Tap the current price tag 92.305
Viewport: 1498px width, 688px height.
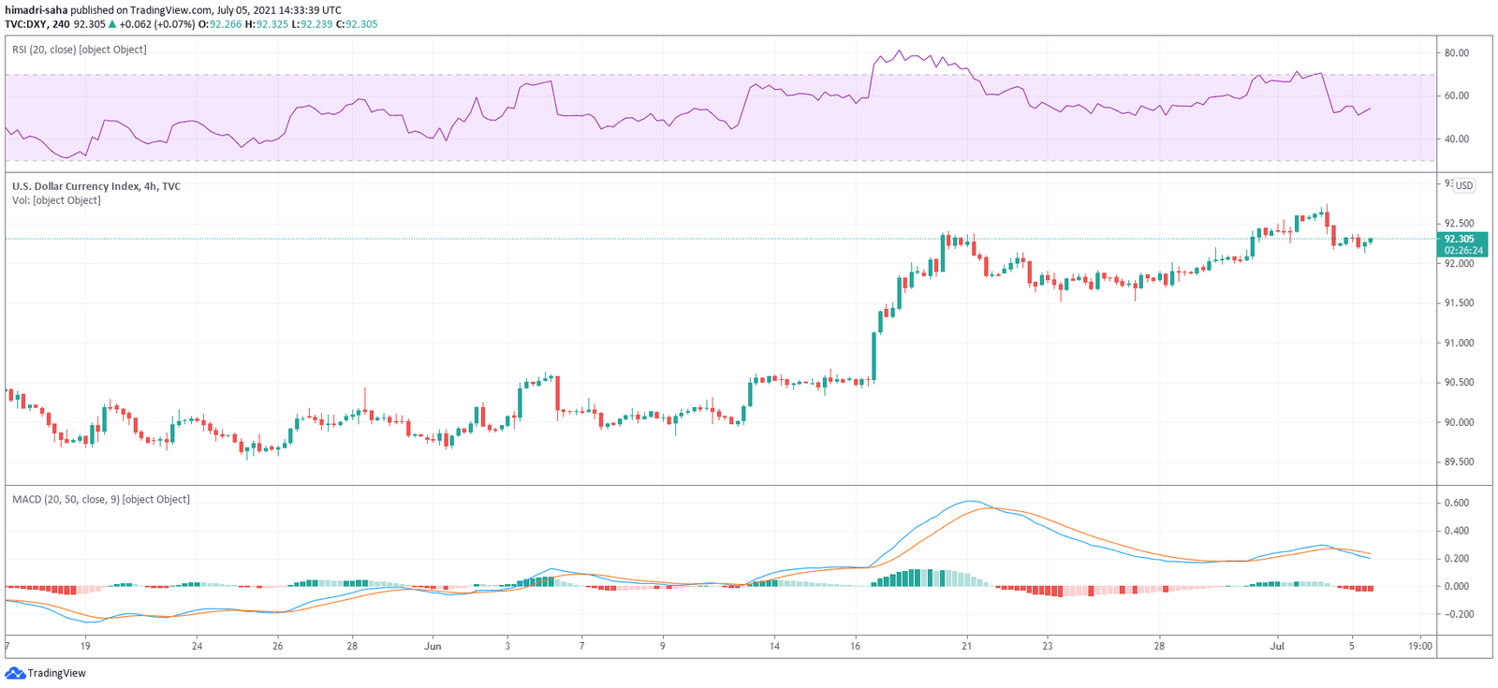point(1463,240)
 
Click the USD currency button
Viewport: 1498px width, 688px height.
point(1463,185)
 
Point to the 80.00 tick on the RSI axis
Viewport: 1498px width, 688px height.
point(1456,53)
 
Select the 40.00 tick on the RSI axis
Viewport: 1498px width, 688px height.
point(1456,139)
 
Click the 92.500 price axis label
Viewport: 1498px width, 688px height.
point(1459,224)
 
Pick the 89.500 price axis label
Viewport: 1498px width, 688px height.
point(1459,462)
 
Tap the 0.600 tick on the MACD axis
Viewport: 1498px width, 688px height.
point(1456,504)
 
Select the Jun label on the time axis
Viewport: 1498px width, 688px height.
point(433,646)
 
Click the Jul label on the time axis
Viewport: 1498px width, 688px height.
point(1276,646)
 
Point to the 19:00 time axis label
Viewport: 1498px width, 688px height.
point(1420,646)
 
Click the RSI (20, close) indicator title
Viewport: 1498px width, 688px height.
point(80,50)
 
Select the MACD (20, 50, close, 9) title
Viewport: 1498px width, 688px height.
point(101,500)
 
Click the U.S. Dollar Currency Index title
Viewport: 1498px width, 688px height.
point(96,186)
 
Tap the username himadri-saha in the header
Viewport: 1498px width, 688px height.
point(36,10)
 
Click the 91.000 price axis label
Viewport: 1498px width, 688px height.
point(1459,344)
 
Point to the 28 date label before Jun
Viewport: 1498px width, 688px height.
point(352,646)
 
